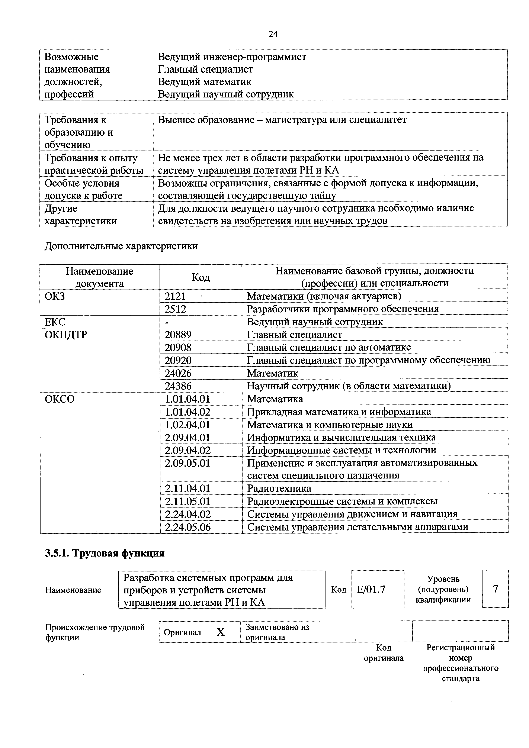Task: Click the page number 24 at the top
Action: coord(273,34)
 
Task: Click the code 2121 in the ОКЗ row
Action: coord(175,296)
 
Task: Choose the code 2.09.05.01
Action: coord(187,463)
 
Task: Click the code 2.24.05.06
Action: coord(188,527)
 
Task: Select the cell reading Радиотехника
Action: coord(279,488)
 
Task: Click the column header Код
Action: coord(201,277)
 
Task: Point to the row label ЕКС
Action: coord(55,322)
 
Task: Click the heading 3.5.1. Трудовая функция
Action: coord(105,553)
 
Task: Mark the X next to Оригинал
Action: coord(221,632)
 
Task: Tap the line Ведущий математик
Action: coord(205,81)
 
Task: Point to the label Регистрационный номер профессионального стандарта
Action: coord(460,663)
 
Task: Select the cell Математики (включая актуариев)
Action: coord(324,296)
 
